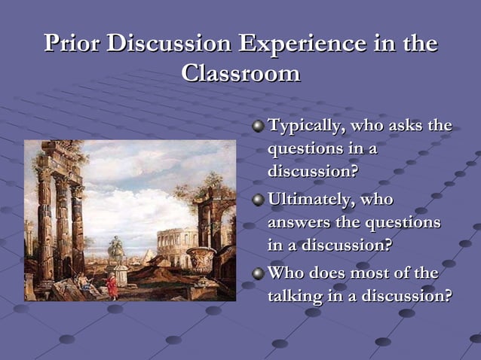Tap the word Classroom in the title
[241, 73]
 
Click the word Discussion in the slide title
[170, 44]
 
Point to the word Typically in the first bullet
[304, 126]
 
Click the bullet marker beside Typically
[259, 126]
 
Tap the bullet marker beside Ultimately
[259, 200]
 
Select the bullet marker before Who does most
[259, 273]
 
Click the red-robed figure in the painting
[112, 286]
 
